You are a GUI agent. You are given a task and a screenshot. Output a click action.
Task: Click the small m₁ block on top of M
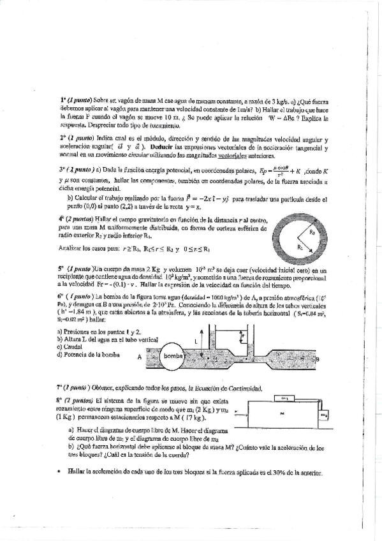click(x=283, y=399)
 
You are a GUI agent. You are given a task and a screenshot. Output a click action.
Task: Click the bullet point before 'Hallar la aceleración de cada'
click(x=58, y=472)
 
